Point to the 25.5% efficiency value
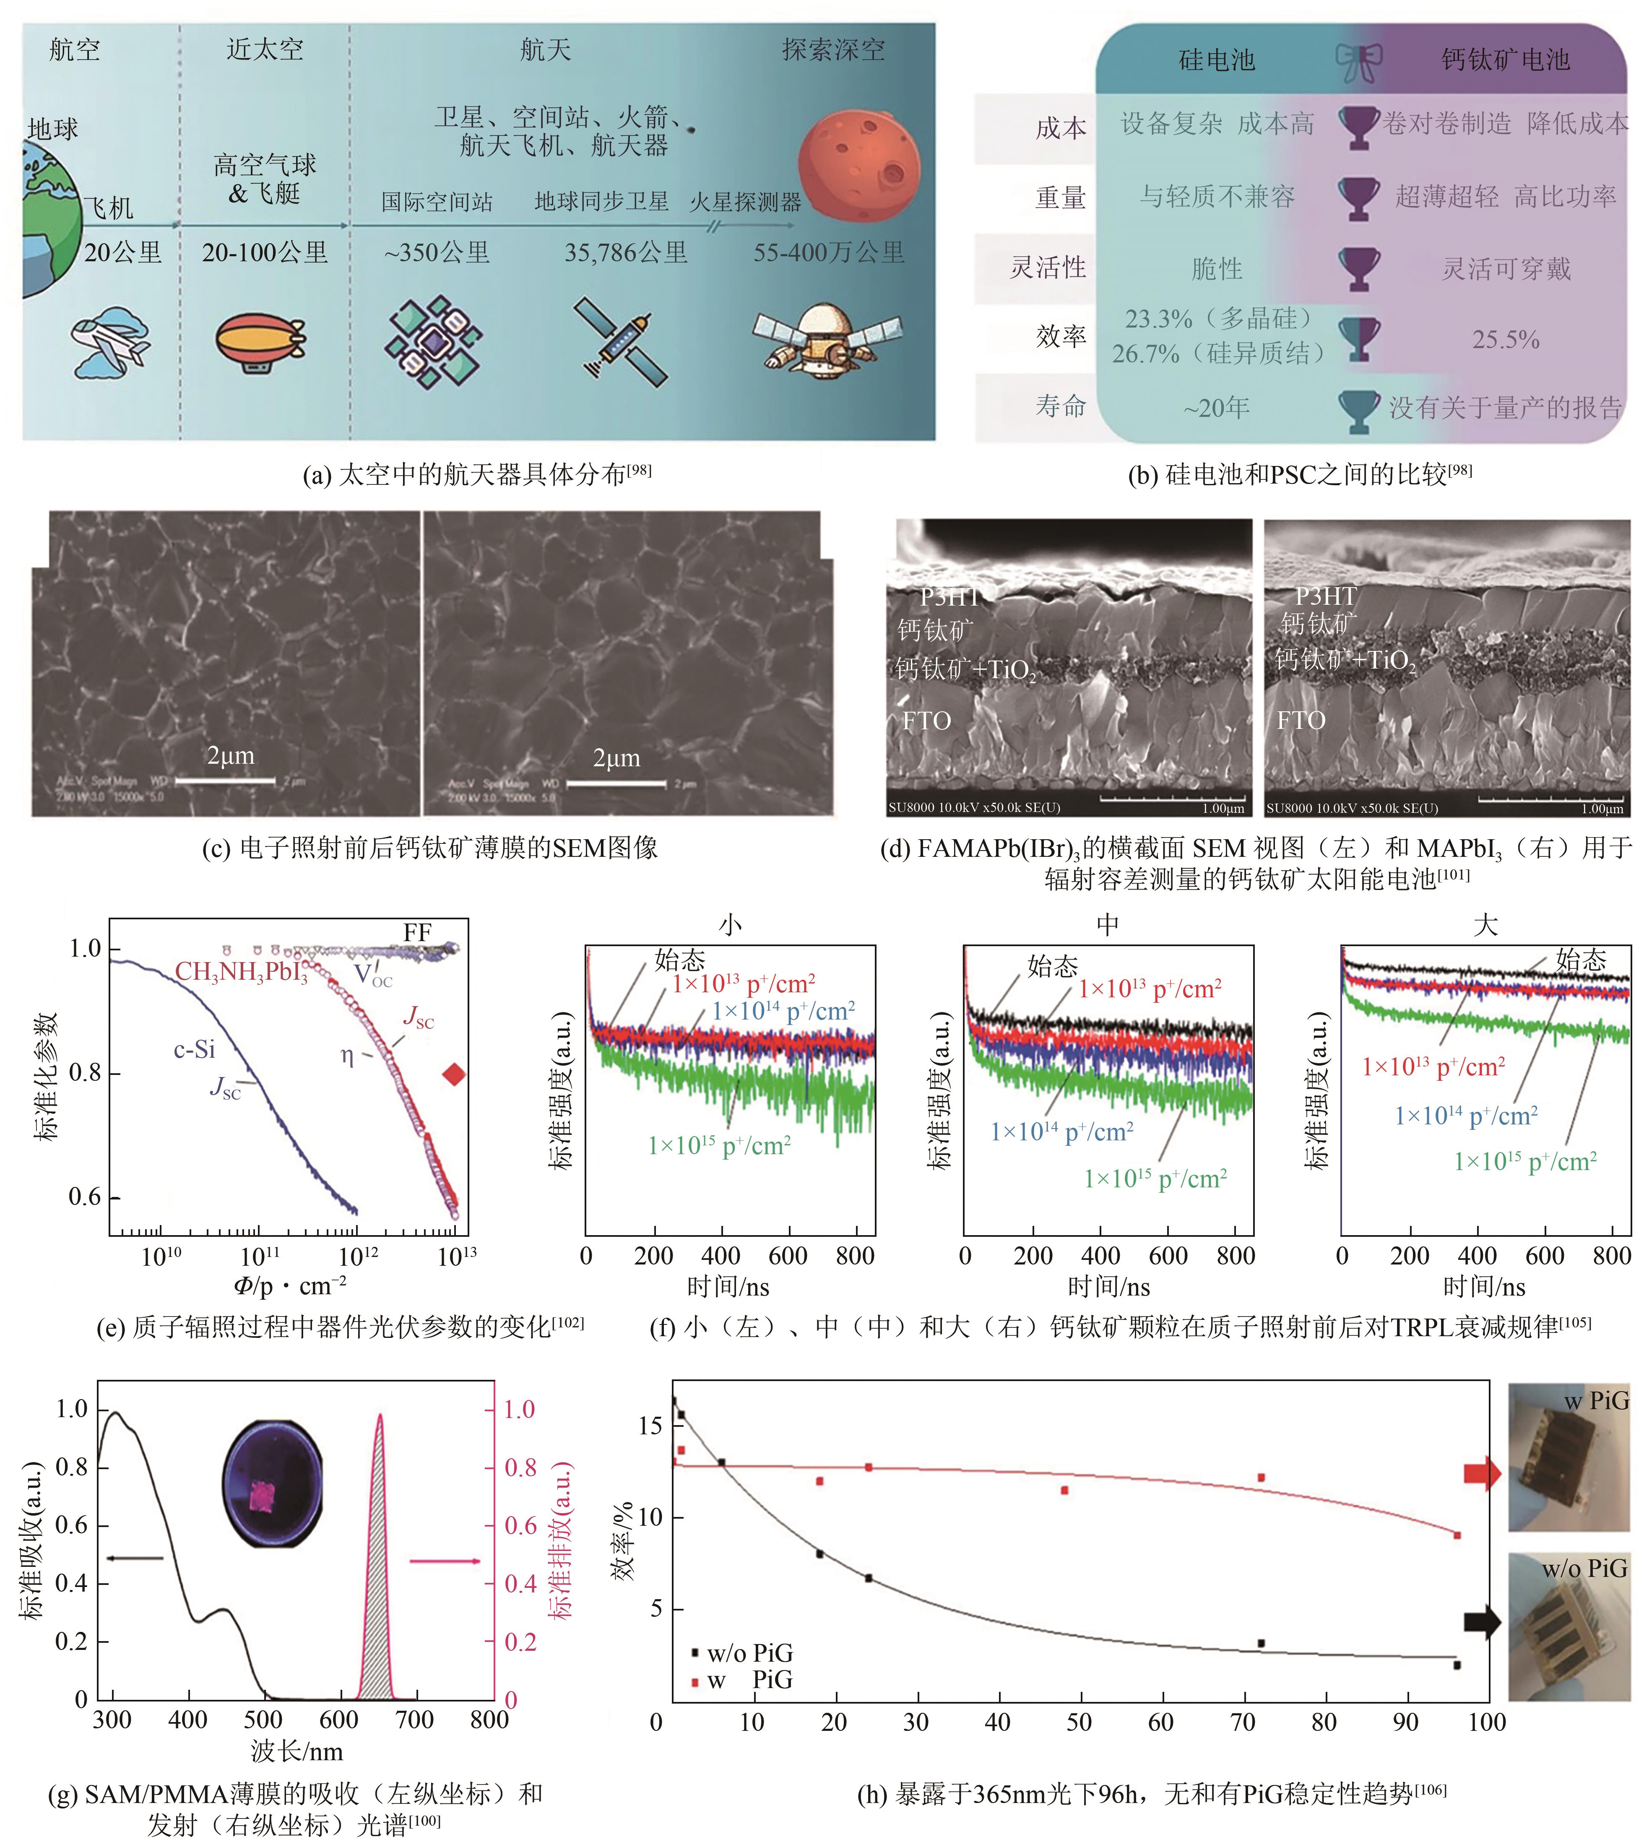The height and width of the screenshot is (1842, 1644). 1505,340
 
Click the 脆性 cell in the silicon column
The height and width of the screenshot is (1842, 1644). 1217,268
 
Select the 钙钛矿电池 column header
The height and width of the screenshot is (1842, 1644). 1505,60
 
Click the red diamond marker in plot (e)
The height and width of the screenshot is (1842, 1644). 453,1074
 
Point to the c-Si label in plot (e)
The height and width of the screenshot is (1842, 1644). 194,1049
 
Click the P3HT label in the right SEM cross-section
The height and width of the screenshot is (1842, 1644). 1325,596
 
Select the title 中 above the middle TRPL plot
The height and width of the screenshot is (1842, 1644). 1108,924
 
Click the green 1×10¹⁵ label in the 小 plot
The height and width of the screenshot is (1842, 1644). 719,1145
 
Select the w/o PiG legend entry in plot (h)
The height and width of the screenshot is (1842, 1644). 741,1653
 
